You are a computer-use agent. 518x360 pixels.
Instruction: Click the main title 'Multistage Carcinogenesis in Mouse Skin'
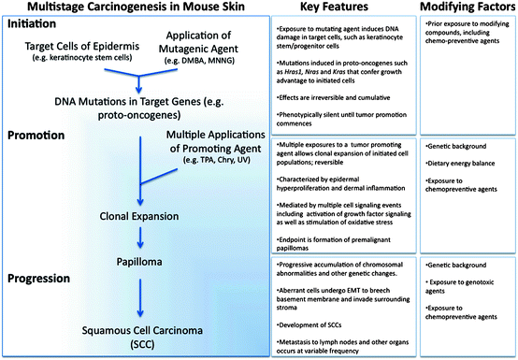(137, 9)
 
